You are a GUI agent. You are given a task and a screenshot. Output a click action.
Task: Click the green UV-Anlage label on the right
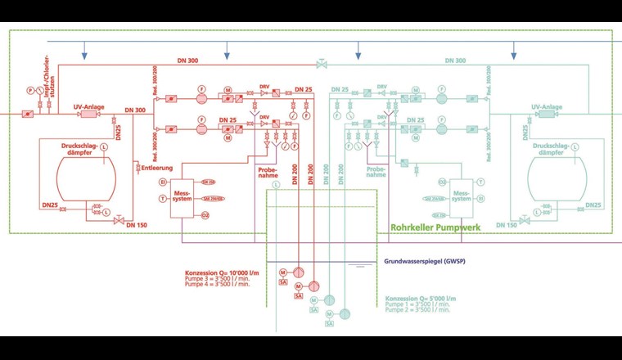tap(547, 107)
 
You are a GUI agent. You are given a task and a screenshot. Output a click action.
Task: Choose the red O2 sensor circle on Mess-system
tap(205, 214)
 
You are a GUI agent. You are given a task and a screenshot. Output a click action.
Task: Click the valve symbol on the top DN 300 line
tap(320, 63)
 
